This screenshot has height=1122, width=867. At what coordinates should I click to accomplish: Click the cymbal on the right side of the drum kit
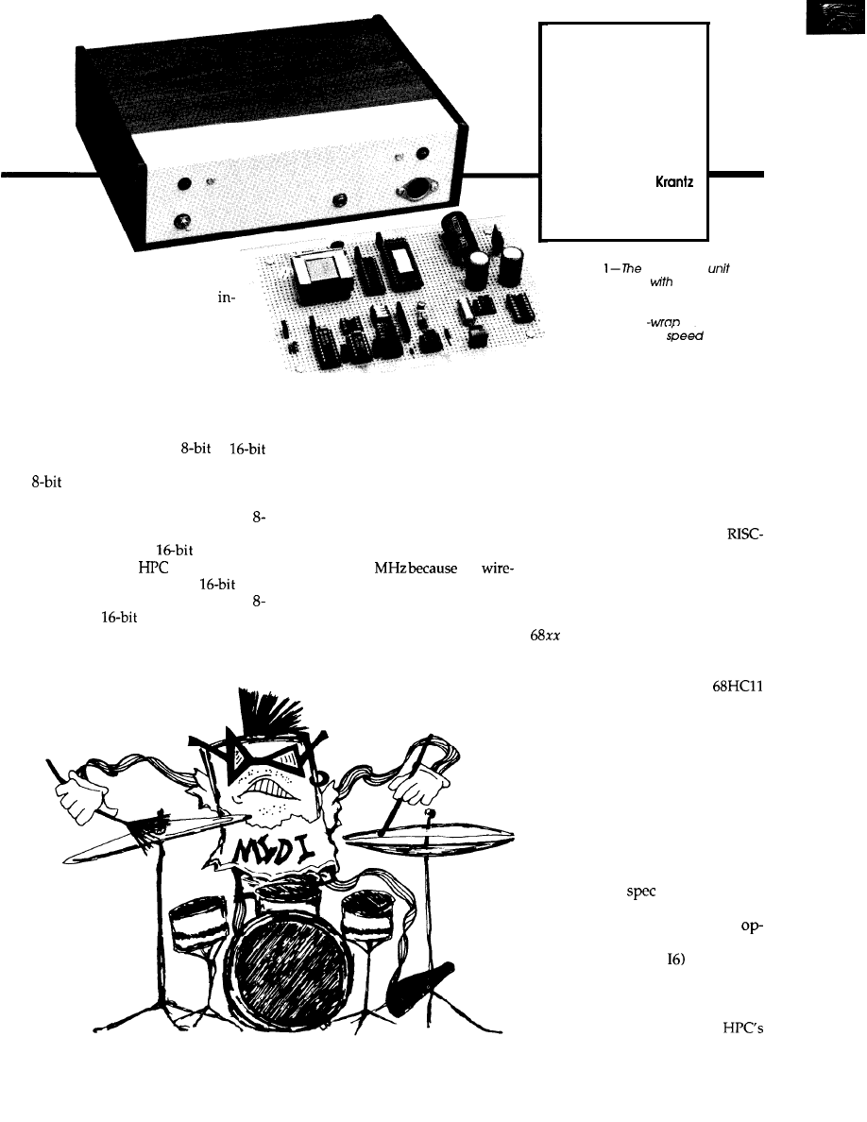[x=430, y=838]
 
